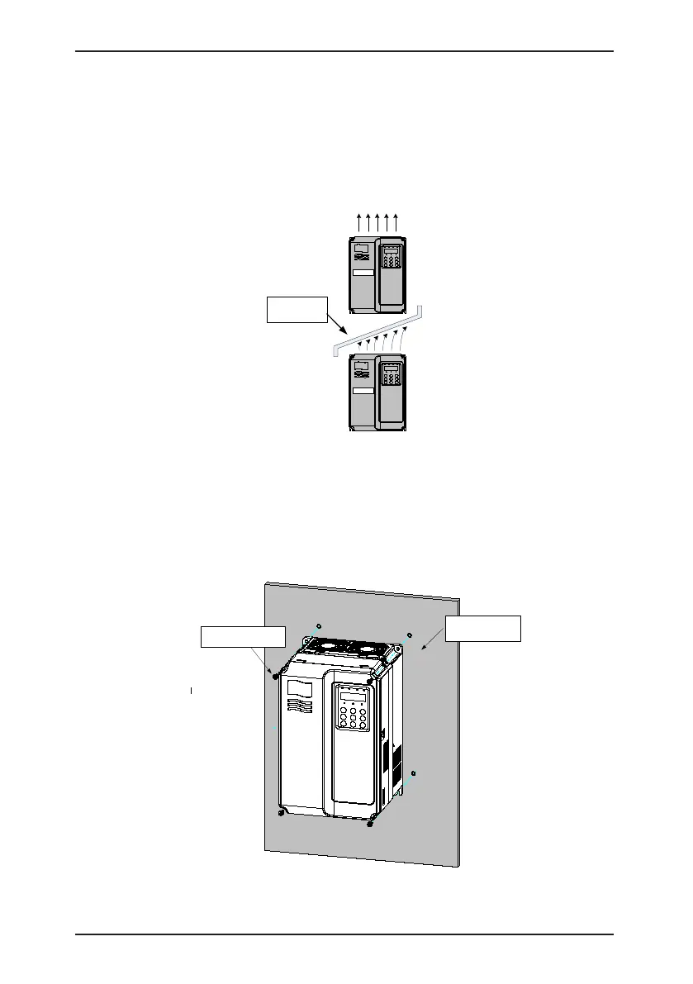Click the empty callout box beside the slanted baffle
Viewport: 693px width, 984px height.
point(297,309)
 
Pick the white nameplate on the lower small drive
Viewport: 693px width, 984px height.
point(363,392)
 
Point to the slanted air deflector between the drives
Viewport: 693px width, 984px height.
point(376,330)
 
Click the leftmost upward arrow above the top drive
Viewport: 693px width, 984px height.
point(358,221)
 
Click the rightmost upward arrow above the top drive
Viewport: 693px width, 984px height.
point(397,221)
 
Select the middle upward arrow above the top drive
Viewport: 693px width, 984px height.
point(377,221)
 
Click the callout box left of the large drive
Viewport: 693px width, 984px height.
point(244,639)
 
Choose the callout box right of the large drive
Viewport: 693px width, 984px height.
point(483,628)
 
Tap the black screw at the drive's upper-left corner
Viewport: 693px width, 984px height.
point(276,676)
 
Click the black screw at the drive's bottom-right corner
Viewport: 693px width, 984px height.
point(371,824)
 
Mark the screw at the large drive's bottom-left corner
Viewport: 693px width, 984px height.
point(282,812)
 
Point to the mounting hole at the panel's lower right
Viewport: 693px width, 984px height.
point(414,773)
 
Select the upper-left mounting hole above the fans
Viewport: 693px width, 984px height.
point(320,624)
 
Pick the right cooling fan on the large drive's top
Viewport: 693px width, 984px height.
point(366,652)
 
